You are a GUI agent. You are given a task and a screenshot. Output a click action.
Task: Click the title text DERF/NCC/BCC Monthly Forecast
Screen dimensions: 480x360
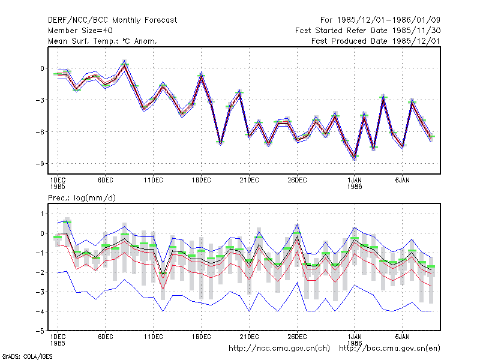tap(112, 20)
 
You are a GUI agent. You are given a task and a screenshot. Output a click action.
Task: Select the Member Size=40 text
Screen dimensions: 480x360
tap(80, 31)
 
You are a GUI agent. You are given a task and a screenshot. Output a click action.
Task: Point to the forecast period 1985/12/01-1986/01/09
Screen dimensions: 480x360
tap(380, 20)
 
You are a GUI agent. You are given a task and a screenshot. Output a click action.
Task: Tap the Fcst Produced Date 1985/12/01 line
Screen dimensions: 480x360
tap(376, 41)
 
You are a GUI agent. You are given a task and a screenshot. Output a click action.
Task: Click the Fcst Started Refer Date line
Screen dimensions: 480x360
tap(368, 31)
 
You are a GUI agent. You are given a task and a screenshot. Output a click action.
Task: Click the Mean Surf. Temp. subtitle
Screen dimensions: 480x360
tap(103, 41)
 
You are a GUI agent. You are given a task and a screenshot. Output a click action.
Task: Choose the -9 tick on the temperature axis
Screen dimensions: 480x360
tap(40, 164)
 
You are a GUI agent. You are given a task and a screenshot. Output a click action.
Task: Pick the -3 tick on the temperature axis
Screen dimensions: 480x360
tap(40, 100)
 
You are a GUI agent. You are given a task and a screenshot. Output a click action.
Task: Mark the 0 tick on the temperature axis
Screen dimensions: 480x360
tap(42, 68)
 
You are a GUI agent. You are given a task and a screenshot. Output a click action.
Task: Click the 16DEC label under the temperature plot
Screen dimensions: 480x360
tap(201, 180)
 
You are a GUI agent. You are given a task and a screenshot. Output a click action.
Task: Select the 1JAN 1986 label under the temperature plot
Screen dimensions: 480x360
tap(355, 183)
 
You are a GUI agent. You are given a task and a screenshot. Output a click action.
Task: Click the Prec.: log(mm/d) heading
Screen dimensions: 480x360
tap(82, 198)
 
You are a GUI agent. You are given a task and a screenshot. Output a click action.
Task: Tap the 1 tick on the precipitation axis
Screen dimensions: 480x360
tap(42, 214)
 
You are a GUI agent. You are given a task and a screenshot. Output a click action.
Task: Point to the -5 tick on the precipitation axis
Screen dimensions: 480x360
tap(40, 331)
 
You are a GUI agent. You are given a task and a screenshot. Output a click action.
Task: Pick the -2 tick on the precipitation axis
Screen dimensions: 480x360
tap(40, 272)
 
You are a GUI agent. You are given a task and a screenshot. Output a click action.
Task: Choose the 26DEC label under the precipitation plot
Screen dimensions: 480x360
tap(297, 337)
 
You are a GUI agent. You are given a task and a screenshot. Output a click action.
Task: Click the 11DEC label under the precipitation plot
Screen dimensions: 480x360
tap(154, 337)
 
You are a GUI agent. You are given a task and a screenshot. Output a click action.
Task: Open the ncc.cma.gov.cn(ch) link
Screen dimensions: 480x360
tap(279, 349)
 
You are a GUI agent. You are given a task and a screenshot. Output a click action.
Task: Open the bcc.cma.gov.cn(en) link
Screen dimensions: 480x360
tap(389, 349)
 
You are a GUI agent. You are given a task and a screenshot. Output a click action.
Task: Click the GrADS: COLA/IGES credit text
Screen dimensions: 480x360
tap(27, 356)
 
